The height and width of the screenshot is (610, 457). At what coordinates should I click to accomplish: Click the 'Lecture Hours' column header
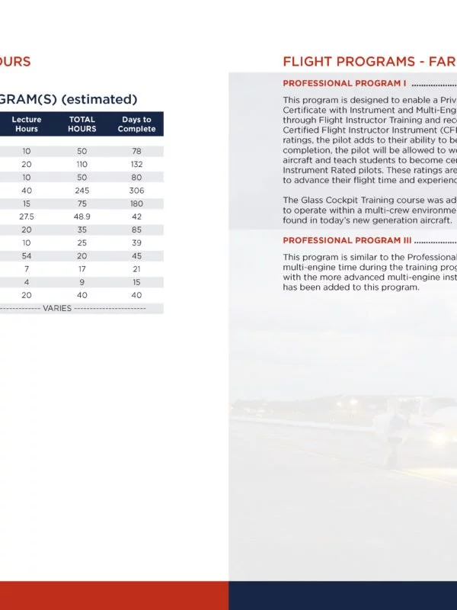27,124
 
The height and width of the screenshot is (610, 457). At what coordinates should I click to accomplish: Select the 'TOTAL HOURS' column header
82,124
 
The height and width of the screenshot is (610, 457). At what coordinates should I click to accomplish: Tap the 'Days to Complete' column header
136,124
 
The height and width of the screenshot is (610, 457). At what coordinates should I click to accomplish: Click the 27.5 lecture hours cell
27,217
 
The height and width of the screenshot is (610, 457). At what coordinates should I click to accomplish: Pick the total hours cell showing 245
82,191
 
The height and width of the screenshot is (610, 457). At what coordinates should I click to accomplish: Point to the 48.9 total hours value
82,217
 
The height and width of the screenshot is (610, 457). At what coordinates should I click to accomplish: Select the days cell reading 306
136,191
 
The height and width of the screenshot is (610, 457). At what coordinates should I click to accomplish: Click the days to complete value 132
136,165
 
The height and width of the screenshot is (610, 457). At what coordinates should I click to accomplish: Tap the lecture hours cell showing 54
27,255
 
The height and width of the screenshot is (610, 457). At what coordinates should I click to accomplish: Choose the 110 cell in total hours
82,165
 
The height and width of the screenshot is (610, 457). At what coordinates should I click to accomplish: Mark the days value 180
136,204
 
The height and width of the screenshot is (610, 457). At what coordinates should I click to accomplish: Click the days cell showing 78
136,152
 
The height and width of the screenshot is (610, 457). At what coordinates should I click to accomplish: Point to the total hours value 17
82,268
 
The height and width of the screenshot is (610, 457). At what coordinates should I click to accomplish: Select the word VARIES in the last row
57,308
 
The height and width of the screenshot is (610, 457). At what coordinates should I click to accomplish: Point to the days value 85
136,230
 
